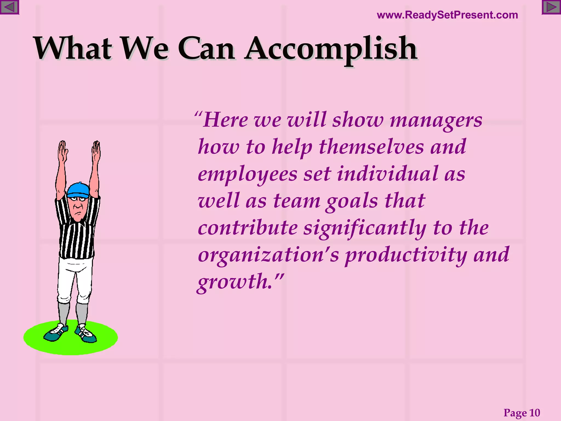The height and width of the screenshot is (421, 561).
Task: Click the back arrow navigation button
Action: tap(9, 7)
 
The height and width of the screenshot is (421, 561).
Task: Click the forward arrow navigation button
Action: tap(551, 7)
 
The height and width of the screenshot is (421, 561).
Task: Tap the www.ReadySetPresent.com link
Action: tap(447, 15)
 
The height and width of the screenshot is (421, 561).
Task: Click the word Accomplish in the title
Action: tap(331, 49)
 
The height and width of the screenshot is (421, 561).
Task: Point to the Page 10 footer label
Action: tap(522, 413)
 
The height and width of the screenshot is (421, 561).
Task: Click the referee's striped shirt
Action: tap(77, 238)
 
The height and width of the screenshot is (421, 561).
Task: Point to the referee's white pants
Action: tap(75, 280)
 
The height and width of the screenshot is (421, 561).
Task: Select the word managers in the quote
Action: tap(436, 121)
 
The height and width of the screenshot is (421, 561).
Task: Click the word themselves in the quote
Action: tap(371, 147)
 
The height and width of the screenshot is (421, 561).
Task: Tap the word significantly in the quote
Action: tap(365, 228)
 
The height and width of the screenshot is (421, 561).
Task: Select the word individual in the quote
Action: tap(387, 174)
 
